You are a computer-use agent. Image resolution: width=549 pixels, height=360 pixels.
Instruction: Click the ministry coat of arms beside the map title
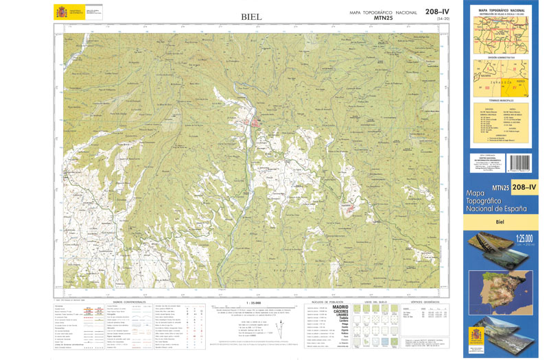tap(60, 12)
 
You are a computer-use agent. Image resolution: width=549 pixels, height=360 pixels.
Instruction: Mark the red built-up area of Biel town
tap(255, 123)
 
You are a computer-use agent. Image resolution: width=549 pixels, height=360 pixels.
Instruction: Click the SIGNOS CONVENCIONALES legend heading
tap(126, 302)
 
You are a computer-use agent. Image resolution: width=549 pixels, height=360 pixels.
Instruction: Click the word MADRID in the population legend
tap(340, 307)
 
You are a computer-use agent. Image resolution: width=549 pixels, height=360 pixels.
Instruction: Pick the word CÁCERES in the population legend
tap(340, 312)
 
